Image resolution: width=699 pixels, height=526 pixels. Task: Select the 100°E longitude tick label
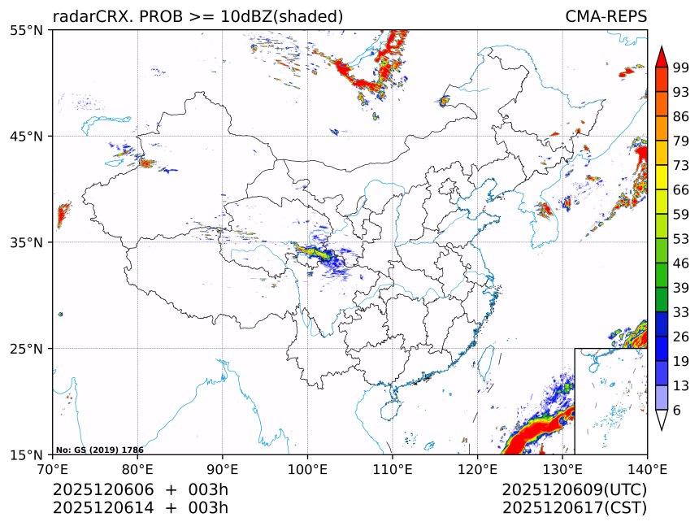pos(307,469)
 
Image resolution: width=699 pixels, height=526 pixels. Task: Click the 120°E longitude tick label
pos(477,469)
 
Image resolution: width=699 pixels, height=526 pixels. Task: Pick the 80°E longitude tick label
pos(137,469)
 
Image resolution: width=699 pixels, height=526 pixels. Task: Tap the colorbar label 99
pos(681,67)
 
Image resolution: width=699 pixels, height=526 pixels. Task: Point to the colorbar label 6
pos(677,411)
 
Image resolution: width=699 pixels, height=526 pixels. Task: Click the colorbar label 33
pos(681,312)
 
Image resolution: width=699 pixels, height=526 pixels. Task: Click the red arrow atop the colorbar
pos(662,55)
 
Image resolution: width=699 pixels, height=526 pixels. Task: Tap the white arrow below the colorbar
pos(662,419)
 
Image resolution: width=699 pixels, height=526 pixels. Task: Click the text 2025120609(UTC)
pos(574,490)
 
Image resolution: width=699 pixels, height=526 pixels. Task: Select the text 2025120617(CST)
pos(574,508)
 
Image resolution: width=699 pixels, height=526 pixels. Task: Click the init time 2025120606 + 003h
pos(141,490)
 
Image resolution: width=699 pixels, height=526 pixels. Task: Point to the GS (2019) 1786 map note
pos(99,450)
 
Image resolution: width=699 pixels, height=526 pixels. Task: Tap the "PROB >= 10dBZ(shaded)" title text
pos(241,16)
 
